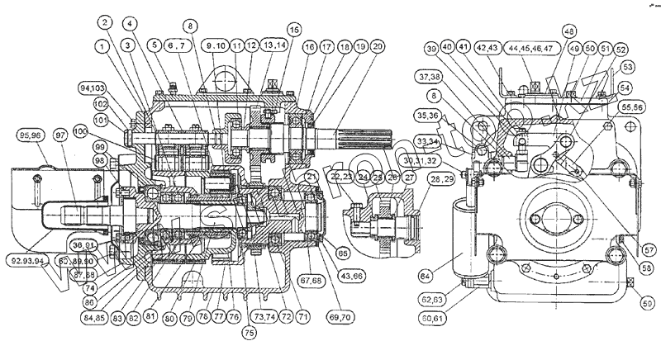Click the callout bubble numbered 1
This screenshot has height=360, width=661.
click(102, 48)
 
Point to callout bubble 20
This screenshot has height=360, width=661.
click(377, 48)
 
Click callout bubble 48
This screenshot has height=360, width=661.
click(568, 31)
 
